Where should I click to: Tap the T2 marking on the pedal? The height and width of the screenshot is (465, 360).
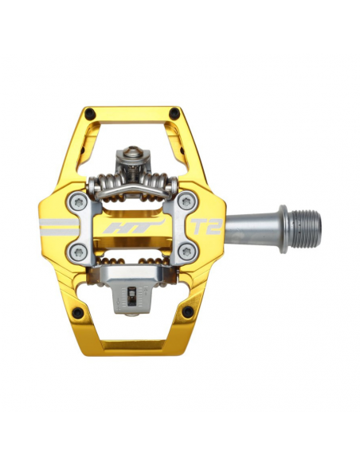pos(205,226)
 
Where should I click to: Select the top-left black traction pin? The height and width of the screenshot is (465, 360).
pos(90,113)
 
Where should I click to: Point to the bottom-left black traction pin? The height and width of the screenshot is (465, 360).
pos(77,312)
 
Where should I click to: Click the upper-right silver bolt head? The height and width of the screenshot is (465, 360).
pos(186,202)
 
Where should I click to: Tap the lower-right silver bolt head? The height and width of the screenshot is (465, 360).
pos(186,252)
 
